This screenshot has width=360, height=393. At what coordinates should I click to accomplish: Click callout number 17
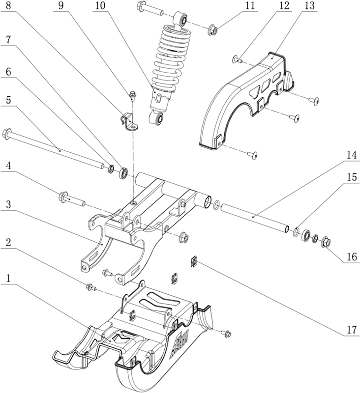(352, 330)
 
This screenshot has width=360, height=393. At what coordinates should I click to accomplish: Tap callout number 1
(8, 278)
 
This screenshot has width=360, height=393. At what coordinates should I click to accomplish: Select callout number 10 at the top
(100, 6)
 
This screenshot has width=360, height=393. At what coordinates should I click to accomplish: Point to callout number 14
(352, 155)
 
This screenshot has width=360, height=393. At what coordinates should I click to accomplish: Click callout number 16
(352, 256)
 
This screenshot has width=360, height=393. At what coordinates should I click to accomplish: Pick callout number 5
(8, 100)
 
